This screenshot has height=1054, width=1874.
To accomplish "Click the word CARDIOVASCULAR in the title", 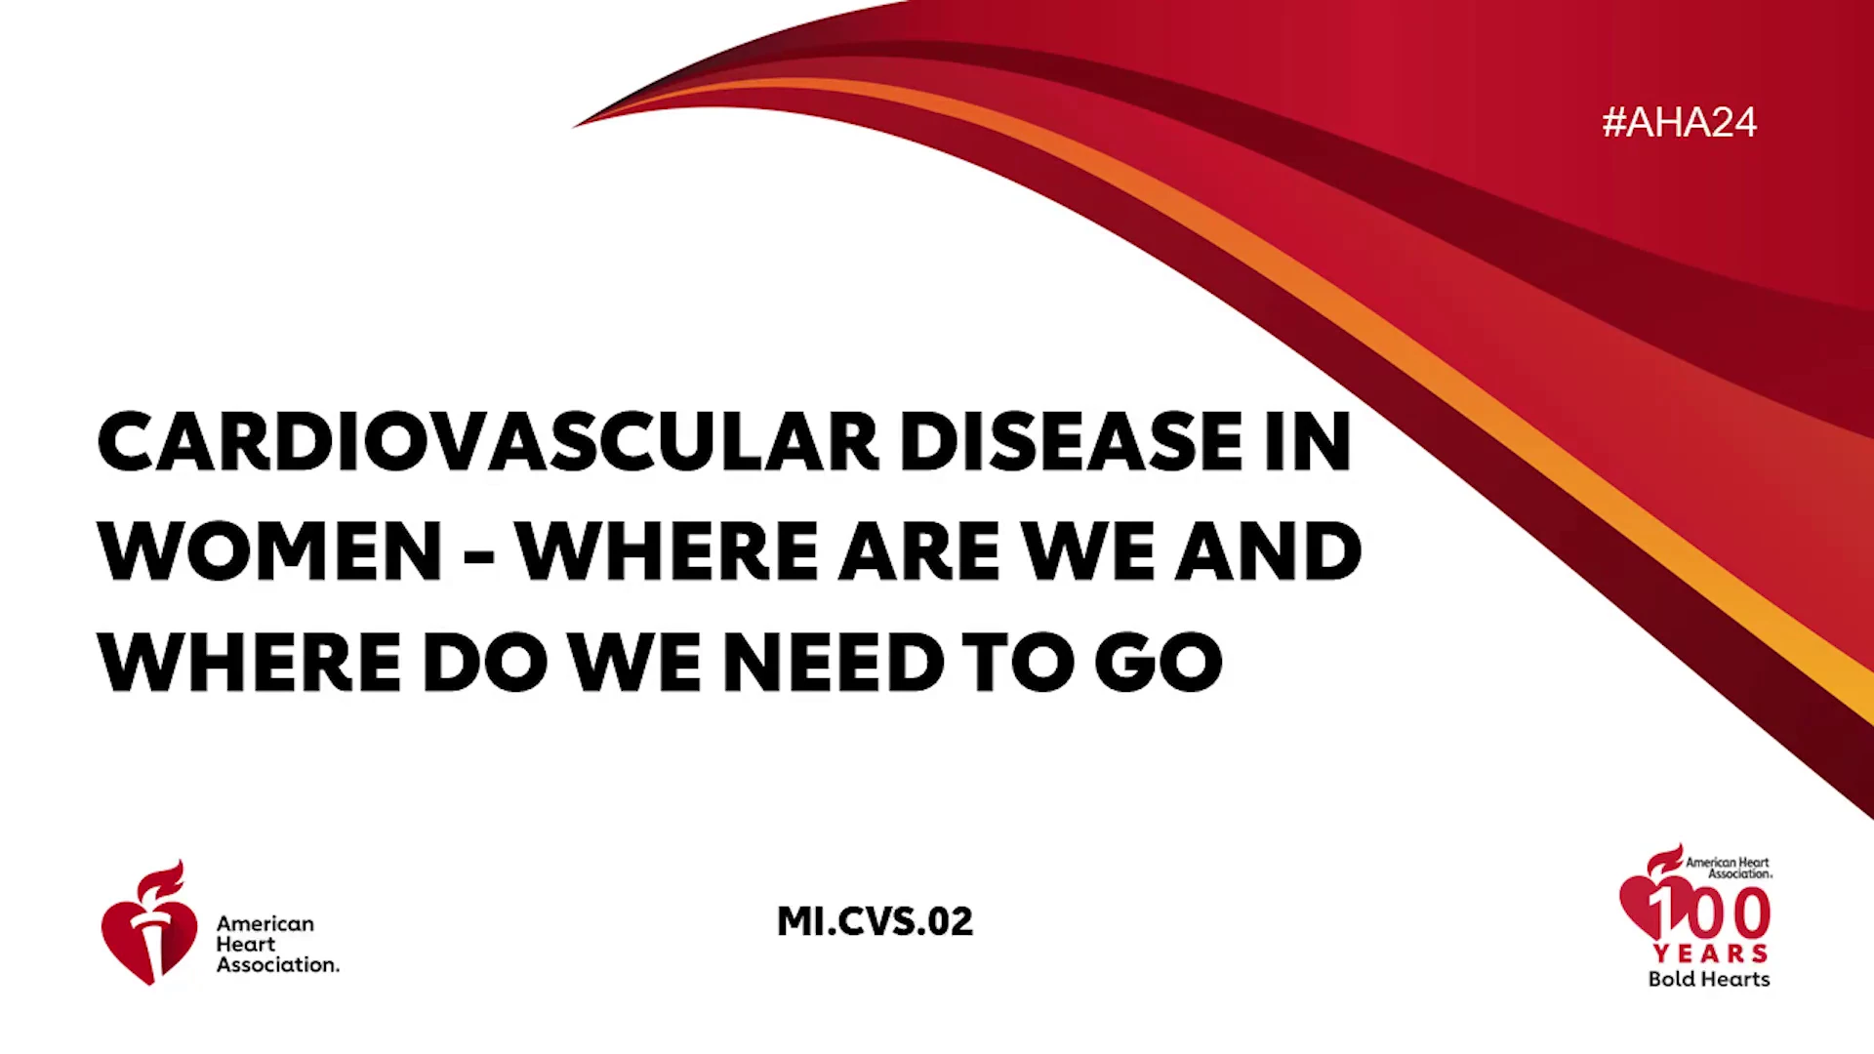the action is pyautogui.click(x=488, y=441).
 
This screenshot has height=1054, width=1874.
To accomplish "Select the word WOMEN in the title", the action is pyautogui.click(x=269, y=551).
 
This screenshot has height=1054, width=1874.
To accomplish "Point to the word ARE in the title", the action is pyautogui.click(x=919, y=551).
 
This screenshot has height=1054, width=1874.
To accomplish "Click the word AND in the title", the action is pyautogui.click(x=1268, y=551).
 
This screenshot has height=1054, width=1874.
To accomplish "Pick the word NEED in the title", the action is pyautogui.click(x=833, y=662).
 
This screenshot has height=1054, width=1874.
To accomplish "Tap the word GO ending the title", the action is pyautogui.click(x=1159, y=662).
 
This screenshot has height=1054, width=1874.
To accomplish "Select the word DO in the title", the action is pyautogui.click(x=484, y=662).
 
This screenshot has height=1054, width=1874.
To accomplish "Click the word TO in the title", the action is pyautogui.click(x=1018, y=662).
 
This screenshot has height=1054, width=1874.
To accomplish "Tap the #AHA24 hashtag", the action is pyautogui.click(x=1679, y=122).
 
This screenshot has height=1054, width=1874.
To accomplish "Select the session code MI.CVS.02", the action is pyautogui.click(x=875, y=921).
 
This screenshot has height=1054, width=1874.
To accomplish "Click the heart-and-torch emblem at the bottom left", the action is pyautogui.click(x=148, y=923).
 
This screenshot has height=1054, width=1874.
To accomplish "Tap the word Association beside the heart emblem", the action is pyautogui.click(x=278, y=964).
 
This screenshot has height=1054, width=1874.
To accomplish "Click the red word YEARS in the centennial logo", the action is pyautogui.click(x=1710, y=953).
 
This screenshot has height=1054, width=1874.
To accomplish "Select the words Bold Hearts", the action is pyautogui.click(x=1709, y=979).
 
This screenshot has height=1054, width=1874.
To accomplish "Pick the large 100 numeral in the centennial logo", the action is pyautogui.click(x=1708, y=912).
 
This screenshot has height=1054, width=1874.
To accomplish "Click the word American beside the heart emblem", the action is pyautogui.click(x=265, y=923).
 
